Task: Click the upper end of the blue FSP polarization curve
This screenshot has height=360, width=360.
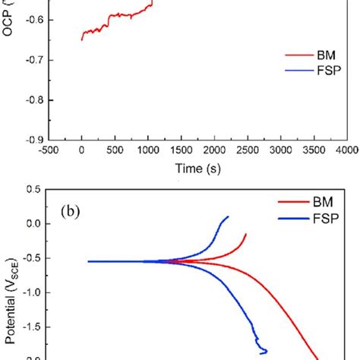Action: click(x=228, y=217)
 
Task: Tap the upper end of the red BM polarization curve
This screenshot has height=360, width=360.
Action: click(x=246, y=235)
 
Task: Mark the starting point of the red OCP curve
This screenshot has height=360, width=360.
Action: click(x=81, y=39)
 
